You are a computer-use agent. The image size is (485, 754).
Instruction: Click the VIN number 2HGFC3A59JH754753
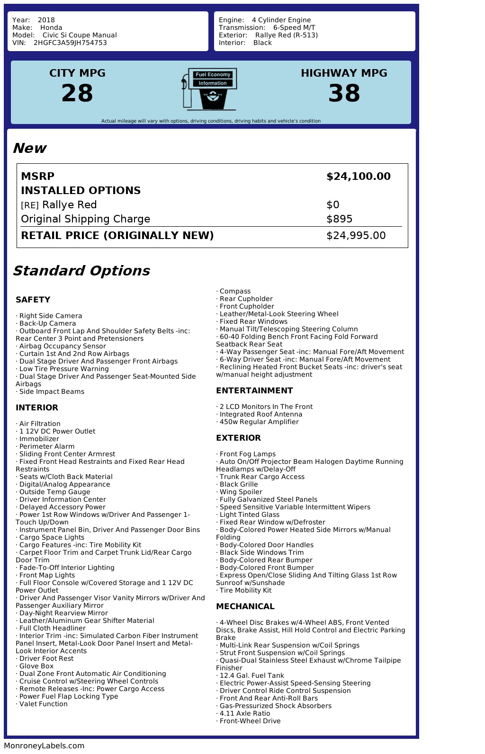(x=70, y=43)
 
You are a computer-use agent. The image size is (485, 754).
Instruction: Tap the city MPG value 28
(x=77, y=93)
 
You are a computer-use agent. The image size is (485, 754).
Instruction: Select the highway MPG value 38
(x=344, y=93)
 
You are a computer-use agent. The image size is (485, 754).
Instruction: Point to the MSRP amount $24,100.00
(x=359, y=177)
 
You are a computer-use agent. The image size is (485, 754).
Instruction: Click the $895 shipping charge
(x=340, y=219)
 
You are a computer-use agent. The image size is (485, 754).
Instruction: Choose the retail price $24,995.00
(x=356, y=236)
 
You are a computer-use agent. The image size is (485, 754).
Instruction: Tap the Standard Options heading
(x=81, y=271)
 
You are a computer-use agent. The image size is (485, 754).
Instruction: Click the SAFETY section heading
(x=33, y=300)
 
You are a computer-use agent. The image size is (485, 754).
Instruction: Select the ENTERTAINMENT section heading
(x=254, y=390)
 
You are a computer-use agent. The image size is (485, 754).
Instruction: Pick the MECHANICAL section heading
(x=245, y=606)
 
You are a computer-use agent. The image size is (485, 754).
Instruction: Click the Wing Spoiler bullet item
(x=241, y=492)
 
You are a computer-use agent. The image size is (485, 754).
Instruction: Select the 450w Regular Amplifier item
(x=259, y=422)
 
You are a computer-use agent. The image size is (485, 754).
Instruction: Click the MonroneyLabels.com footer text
(x=44, y=746)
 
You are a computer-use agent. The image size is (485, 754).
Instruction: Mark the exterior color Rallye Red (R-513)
(x=286, y=35)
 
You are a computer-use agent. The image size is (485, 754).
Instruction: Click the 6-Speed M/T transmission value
(x=294, y=27)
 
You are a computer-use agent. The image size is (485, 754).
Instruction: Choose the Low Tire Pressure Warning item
(x=63, y=369)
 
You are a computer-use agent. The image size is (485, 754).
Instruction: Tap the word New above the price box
(x=29, y=148)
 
